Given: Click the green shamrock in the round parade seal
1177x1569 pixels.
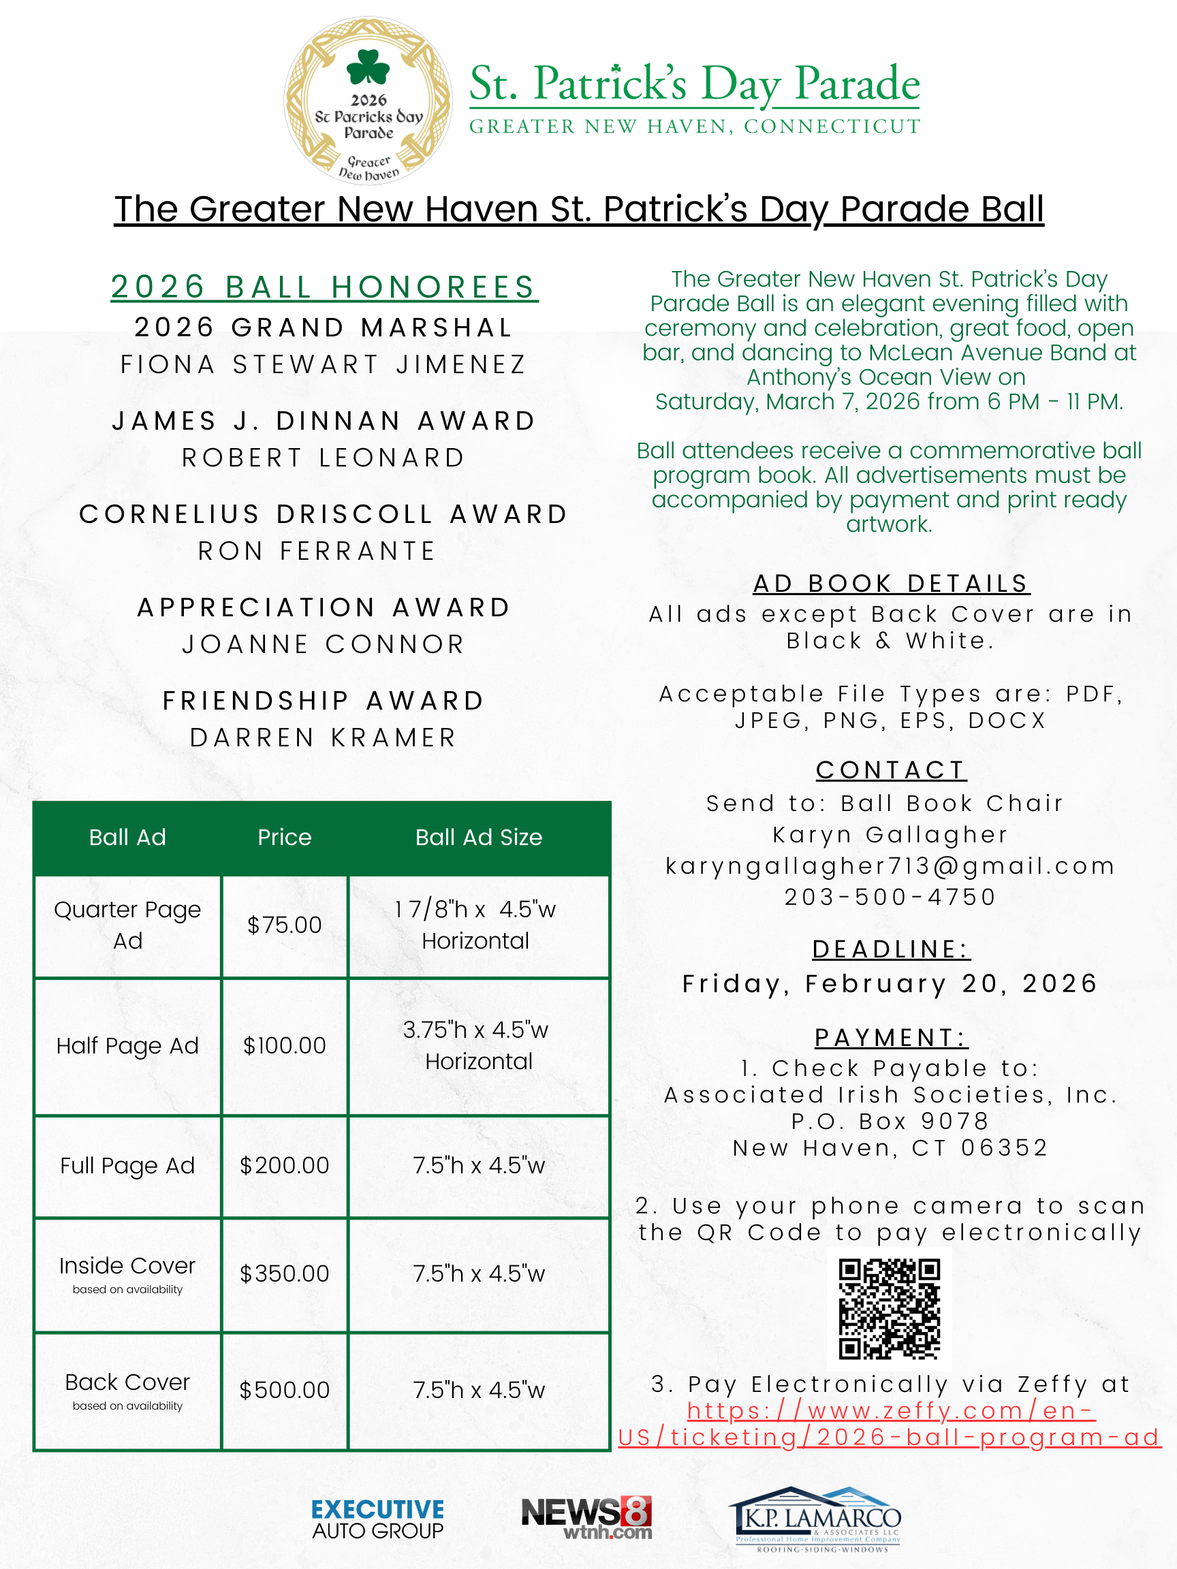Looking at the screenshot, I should tap(368, 68).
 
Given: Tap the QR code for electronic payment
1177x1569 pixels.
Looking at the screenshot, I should tap(889, 1308).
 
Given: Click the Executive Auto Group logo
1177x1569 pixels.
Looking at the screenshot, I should tap(377, 1519).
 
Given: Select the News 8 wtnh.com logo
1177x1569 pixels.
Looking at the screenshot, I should tap(586, 1518).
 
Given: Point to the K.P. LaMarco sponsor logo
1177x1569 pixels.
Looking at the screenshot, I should tap(817, 1519).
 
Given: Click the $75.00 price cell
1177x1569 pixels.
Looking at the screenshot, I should tap(285, 925).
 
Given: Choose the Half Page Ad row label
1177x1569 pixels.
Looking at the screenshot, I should tap(127, 1045).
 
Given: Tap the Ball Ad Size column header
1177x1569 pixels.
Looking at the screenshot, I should tap(479, 838).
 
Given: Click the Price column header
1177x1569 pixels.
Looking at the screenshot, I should tap(285, 838).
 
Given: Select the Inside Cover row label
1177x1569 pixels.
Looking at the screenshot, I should tap(127, 1266).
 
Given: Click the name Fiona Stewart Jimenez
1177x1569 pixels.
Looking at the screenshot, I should tap(324, 364).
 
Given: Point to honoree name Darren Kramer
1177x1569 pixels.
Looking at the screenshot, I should tap(324, 738).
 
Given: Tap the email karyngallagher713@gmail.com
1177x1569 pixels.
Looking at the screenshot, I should tap(890, 866).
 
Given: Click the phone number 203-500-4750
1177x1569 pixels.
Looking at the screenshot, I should tap(890, 898).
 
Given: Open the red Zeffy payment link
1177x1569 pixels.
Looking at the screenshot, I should tap(890, 1425).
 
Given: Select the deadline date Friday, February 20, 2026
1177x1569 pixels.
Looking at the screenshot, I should tap(890, 984).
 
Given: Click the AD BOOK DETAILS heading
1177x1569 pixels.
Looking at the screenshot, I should tap(891, 584).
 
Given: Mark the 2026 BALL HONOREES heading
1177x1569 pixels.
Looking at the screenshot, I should tap(324, 287).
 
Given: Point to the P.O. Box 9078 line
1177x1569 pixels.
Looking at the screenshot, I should tap(890, 1122).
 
